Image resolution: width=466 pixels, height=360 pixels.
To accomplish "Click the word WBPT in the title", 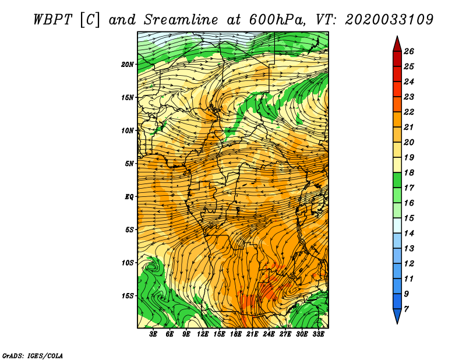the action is tap(52, 20).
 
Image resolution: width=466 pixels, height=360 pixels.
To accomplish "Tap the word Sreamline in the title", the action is tap(181, 20).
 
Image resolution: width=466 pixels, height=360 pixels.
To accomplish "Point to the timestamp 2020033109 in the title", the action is tap(389, 20).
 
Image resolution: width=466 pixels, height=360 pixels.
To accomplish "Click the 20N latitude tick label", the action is tap(128, 65).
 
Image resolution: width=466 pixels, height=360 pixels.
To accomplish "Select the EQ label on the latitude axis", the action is tap(129, 197).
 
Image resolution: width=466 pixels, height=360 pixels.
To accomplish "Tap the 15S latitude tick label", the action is tap(128, 296).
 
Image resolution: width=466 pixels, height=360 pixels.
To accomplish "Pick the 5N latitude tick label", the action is tap(129, 164).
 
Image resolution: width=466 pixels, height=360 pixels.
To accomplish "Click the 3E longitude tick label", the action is tap(153, 334).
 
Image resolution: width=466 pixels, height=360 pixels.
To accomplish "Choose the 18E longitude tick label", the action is tap(236, 334).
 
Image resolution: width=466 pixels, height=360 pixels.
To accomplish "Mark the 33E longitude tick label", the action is tap(318, 334).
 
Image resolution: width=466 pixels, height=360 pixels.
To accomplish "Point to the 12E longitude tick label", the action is tap(203, 334).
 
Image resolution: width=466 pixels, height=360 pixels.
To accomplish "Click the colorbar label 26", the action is tap(409, 51).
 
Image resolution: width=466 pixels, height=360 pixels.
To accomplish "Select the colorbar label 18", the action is tap(409, 172).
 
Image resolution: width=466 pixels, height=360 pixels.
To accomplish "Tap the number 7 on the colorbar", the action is tap(406, 309).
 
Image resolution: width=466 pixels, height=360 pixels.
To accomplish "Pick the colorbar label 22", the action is tap(409, 112).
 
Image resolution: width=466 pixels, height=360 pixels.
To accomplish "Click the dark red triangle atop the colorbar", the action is tap(397, 45).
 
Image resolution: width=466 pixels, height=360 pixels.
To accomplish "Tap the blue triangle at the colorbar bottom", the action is tap(397, 315).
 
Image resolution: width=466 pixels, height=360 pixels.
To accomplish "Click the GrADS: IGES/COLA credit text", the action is tap(33, 356).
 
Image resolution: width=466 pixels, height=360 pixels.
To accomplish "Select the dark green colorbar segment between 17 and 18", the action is tap(397, 180).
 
